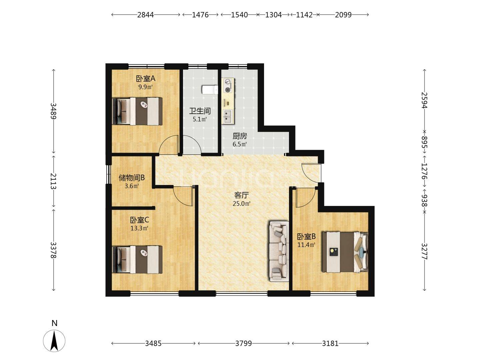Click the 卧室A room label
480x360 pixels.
[145, 78]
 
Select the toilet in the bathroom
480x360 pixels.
[210, 90]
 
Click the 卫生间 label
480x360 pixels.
[200, 111]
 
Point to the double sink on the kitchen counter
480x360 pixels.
[227, 116]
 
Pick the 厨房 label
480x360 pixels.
[240, 136]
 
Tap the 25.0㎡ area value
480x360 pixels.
[241, 204]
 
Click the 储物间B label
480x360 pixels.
[132, 178]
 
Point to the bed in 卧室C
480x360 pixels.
[137, 260]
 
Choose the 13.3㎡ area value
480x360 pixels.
[139, 228]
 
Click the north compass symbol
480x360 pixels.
[54, 341]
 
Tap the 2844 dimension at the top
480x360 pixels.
[146, 15]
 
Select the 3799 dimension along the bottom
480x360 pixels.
[243, 344]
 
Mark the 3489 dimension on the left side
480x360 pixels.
[53, 111]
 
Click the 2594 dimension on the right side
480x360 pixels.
[424, 100]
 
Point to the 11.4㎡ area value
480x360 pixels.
[306, 245]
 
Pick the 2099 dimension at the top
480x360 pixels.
[343, 15]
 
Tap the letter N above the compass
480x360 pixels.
[54, 323]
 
